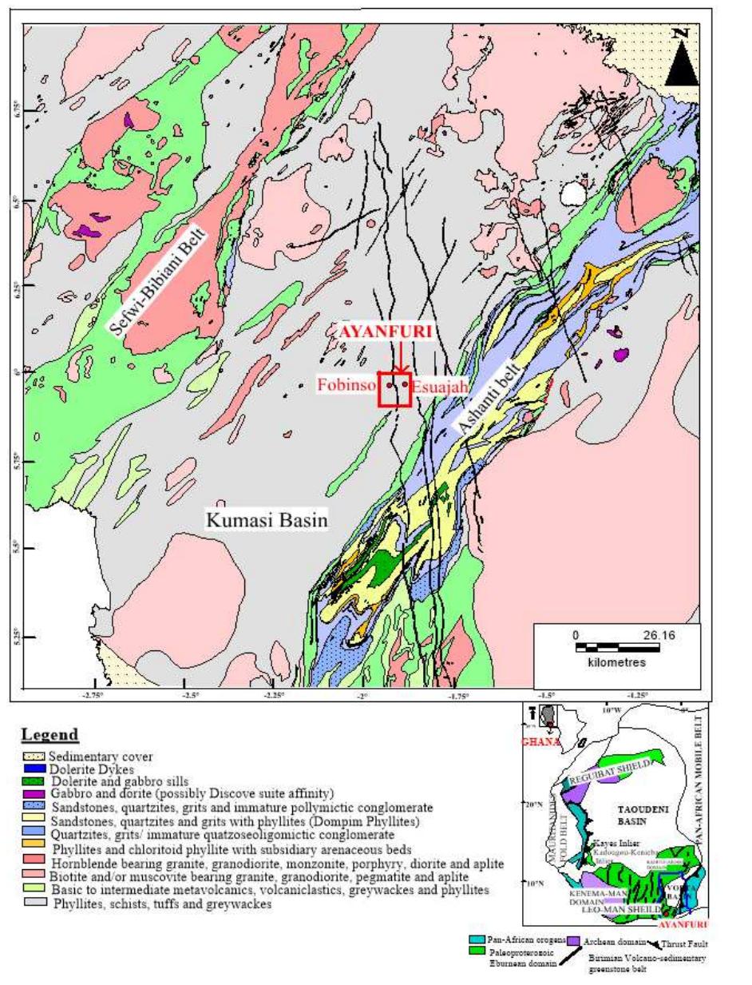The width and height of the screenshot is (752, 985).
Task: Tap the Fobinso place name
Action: (x=346, y=385)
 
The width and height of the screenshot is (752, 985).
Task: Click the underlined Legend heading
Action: (x=49, y=735)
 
